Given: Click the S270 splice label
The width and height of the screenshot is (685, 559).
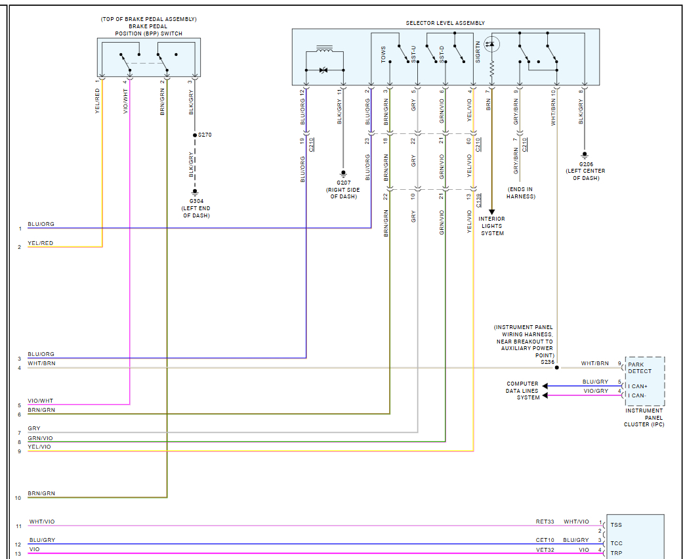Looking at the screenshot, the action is (205, 135).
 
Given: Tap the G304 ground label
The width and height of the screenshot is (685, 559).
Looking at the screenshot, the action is (196, 201).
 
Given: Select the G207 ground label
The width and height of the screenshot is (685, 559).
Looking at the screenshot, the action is (343, 183).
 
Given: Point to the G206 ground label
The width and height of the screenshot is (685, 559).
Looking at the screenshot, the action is (586, 164).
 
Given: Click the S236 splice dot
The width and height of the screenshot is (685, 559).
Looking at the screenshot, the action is (556, 367).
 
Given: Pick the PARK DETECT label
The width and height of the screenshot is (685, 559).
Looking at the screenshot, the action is (640, 368).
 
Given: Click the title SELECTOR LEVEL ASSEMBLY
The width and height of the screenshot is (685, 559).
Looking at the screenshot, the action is (445, 23).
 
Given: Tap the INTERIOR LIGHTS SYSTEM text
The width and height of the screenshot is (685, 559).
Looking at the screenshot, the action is (492, 226).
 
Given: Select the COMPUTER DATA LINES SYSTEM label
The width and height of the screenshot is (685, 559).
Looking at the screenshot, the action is (522, 391).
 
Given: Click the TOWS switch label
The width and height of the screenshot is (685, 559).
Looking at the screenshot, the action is (383, 55).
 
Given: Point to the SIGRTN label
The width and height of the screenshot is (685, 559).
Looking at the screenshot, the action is (478, 52).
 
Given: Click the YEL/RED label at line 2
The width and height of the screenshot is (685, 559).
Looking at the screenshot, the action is (40, 243).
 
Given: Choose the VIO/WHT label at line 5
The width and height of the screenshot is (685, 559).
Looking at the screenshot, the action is (40, 401).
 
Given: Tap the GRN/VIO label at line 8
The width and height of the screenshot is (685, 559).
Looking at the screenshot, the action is (40, 438).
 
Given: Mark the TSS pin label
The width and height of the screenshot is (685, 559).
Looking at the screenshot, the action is (616, 525).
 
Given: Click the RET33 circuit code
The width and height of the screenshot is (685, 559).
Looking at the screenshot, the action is (545, 522).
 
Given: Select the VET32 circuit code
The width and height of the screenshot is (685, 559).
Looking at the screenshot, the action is (545, 550).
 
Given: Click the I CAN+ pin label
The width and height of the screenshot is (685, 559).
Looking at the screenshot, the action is (638, 386).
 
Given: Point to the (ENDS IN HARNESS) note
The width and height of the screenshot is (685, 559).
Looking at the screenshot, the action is (521, 193).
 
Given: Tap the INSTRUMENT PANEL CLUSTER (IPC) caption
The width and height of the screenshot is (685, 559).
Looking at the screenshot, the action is (644, 417).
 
